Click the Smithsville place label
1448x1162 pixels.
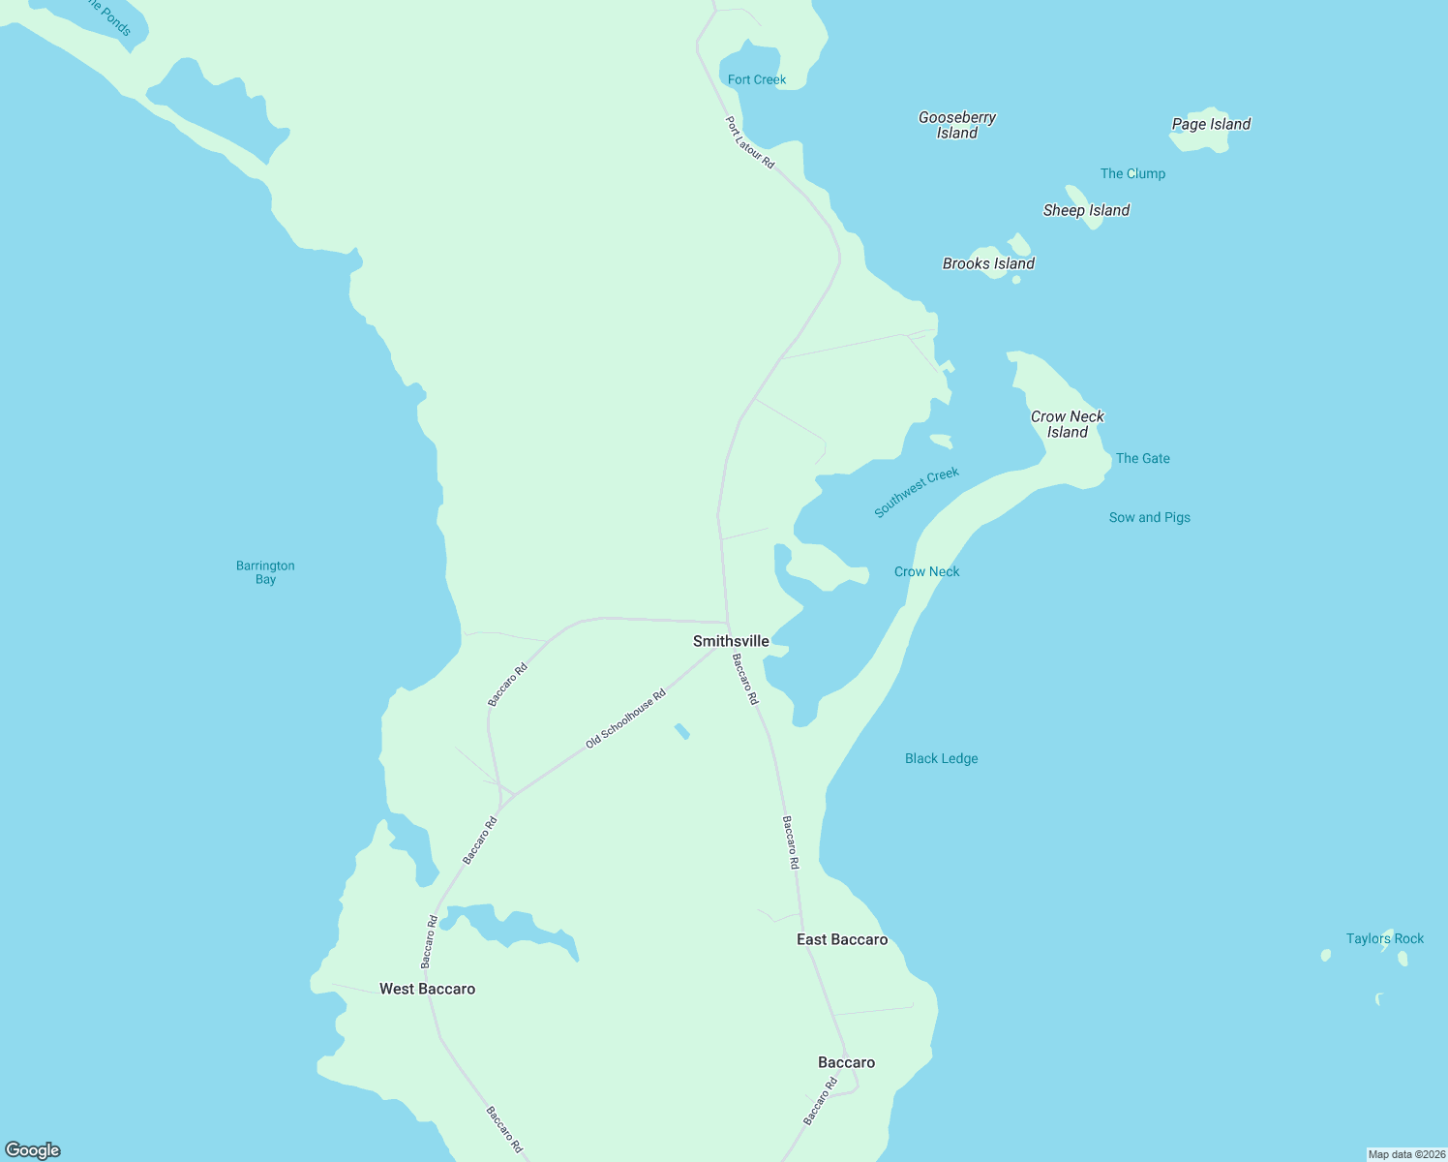731,641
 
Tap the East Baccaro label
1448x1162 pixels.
841,939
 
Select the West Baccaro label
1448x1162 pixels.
427,989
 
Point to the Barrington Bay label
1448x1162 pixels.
265,572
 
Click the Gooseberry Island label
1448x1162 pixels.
956,125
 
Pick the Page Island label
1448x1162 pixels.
1211,124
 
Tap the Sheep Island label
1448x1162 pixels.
1086,210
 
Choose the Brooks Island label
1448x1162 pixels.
988,263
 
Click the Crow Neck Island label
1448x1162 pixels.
1067,424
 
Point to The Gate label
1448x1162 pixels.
1142,458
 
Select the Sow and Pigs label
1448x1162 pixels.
1149,517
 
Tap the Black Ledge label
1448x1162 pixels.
941,758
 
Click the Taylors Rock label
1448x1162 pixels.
1384,938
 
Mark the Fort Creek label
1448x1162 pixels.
757,79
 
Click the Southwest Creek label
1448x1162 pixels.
916,492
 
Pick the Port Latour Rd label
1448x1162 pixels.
750,143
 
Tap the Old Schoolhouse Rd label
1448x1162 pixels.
626,719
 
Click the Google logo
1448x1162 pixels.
33,1150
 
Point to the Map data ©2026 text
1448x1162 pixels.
1406,1154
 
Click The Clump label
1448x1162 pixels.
1132,173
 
